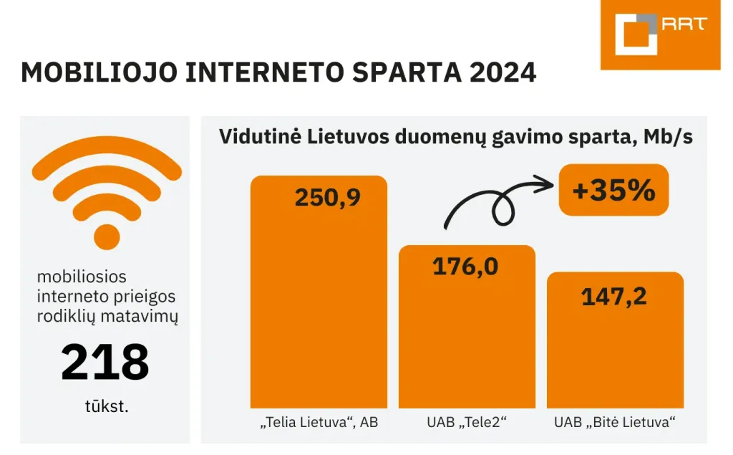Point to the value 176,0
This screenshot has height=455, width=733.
[x=465, y=267]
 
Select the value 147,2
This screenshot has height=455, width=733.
[x=614, y=295]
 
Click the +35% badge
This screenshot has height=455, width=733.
[x=613, y=190]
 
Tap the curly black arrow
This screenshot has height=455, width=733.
[x=494, y=204]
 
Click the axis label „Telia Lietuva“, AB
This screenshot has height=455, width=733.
[x=318, y=423]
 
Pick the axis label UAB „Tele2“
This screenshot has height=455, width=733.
[x=467, y=423]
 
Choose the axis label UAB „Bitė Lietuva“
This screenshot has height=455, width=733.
[x=615, y=423]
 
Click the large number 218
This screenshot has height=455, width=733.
[x=105, y=363]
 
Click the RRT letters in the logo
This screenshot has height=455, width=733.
[x=684, y=24]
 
